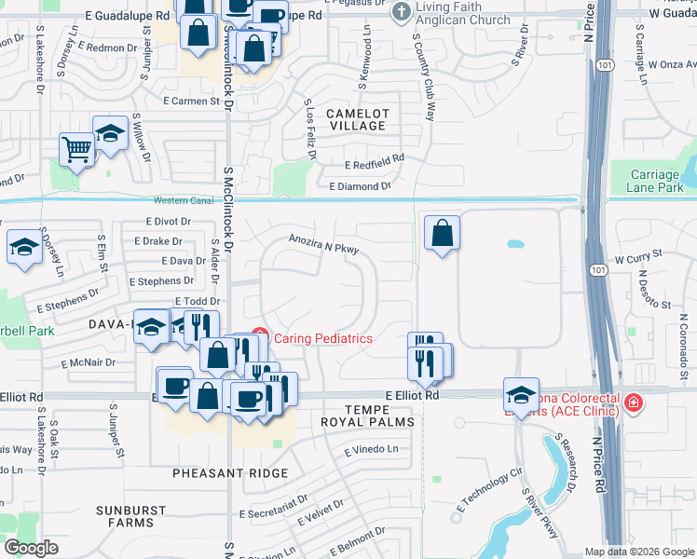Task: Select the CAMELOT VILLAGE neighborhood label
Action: tap(356, 119)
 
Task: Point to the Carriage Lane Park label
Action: tap(656, 181)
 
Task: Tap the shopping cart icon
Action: tap(76, 148)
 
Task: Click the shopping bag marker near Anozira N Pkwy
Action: tap(443, 233)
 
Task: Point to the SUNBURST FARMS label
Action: tap(130, 516)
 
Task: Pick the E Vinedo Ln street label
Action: tap(371, 450)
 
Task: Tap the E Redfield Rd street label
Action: tap(374, 164)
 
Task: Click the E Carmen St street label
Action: tap(190, 101)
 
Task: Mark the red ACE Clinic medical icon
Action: tap(634, 402)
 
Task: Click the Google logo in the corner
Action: tap(31, 548)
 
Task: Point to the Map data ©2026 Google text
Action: tap(638, 552)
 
